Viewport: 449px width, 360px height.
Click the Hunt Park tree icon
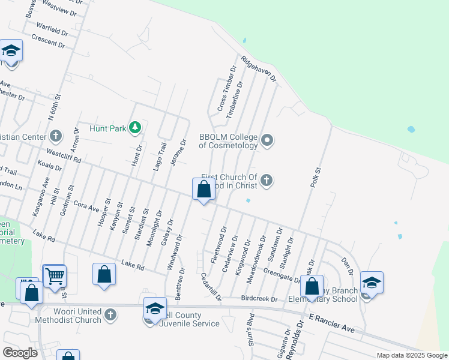coord(136,127)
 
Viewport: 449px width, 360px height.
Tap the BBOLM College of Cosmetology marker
coord(268,141)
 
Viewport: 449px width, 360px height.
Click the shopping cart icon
coord(54,276)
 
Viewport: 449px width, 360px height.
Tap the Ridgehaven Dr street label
coord(258,68)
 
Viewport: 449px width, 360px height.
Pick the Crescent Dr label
coord(48,41)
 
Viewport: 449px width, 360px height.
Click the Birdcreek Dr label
coord(259,298)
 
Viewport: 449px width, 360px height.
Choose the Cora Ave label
coord(85,205)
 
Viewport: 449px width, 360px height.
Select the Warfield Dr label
coord(52,28)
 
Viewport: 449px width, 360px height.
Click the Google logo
coord(20,353)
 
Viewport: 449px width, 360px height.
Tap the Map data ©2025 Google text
coord(411,355)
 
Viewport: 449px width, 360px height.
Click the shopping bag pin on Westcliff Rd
coord(203,190)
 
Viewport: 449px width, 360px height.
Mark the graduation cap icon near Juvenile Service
coord(155,308)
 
